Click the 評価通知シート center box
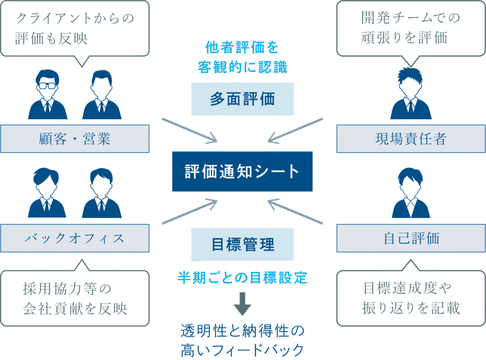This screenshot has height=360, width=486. tap(242, 171)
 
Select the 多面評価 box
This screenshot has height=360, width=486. tap(242, 99)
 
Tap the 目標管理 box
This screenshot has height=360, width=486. tap(242, 244)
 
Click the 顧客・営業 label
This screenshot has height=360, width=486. tap(75, 139)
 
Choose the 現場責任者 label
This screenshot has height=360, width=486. tap(411, 139)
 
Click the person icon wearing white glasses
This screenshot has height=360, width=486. tap(47, 95)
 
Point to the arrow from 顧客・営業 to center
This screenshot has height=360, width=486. tap(189, 130)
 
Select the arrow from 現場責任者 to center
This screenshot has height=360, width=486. tap(295, 130)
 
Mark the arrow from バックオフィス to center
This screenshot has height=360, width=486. tap(189, 211)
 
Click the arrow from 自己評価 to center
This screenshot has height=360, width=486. tap(295, 211)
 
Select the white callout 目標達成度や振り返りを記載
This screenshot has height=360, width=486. tap(411, 298)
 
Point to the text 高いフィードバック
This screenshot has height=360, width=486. tap(242, 351)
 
